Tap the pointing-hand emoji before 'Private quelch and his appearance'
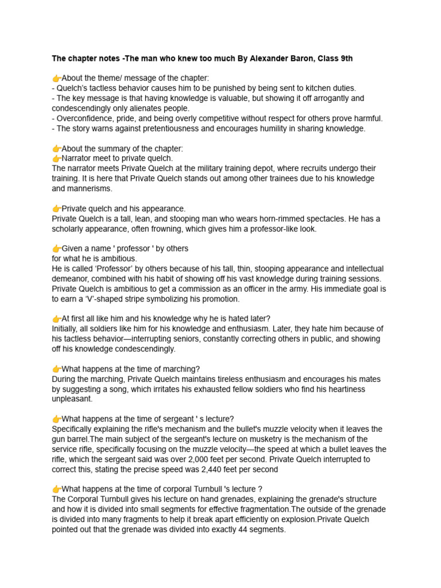56,208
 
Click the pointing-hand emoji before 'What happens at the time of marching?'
56,369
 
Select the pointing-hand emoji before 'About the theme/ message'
56,78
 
